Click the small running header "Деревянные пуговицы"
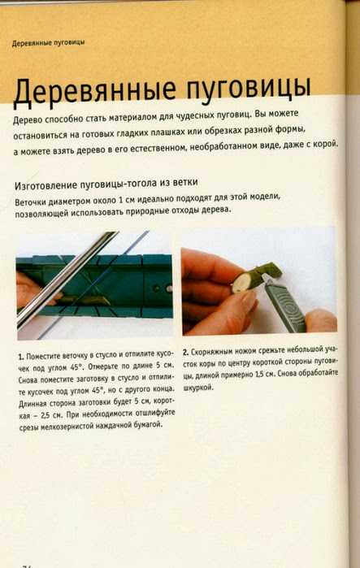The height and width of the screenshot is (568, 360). coord(48,43)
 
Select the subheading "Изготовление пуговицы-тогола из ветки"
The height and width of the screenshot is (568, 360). coord(106,184)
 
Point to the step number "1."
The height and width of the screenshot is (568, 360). coord(21,357)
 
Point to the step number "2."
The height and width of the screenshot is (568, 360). coord(185,352)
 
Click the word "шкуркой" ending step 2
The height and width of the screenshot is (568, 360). coord(197,388)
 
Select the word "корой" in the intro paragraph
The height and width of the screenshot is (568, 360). coord(326,144)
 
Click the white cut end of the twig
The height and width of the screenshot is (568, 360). coord(240,282)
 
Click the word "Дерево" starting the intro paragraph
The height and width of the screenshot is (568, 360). coord(27,120)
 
